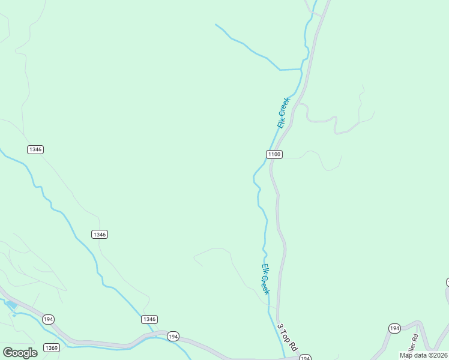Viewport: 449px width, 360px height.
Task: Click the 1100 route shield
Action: point(274,154)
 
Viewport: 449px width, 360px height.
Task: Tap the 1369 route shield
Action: point(52,348)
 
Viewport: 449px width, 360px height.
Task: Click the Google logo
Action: point(20,352)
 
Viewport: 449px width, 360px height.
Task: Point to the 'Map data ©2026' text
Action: point(424,355)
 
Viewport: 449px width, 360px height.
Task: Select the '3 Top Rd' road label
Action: point(288,338)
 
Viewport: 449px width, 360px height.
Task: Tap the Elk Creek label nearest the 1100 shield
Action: point(283,112)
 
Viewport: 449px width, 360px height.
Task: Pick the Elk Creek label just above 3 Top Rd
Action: point(265,279)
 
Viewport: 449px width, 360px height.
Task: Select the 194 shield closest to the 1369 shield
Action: point(49,319)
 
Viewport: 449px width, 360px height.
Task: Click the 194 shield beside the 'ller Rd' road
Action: point(394,328)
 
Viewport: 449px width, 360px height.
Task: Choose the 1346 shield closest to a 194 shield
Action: point(149,319)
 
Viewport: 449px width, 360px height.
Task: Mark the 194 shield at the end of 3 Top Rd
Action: point(305,358)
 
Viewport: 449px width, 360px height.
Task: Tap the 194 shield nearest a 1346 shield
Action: point(173,335)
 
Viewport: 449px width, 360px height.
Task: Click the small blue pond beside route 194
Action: point(12,305)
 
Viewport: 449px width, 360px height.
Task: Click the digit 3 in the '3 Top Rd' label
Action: point(280,327)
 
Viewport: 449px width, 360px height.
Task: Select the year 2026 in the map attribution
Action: point(439,355)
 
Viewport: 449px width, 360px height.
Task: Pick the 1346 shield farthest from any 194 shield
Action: point(35,149)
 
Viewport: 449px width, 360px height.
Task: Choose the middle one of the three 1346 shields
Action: point(100,234)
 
